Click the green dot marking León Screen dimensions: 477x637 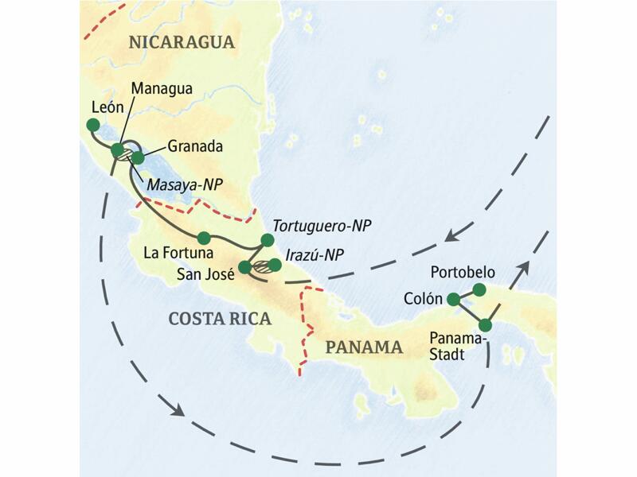[x=93, y=125]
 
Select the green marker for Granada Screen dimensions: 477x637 [x=138, y=157]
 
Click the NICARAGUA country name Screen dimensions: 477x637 [x=176, y=42]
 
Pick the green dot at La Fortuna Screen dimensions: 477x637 [x=204, y=236]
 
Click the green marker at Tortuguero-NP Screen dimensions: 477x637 [x=268, y=239]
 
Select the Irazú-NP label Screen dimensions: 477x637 [x=317, y=254]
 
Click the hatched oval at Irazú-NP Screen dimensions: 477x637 [x=261, y=268]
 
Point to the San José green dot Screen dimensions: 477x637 [x=245, y=266]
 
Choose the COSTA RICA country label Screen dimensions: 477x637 [x=220, y=319]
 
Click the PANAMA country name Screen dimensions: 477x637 [x=362, y=347]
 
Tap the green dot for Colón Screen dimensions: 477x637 [x=453, y=299]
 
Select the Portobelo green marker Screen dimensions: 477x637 [x=479, y=289]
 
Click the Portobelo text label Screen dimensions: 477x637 [x=462, y=273]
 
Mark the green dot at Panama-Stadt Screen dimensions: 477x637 [x=485, y=325]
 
